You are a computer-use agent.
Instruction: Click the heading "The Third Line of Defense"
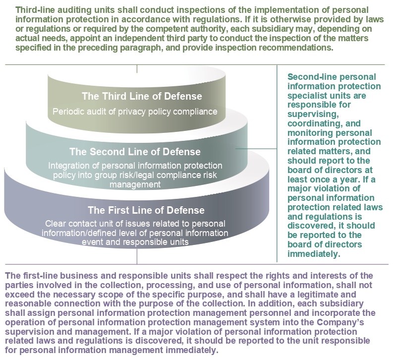tap(135, 96)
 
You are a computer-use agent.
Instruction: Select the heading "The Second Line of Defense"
tap(135, 151)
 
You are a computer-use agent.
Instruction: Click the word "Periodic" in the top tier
tap(68, 111)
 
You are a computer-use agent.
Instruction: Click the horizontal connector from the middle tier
tap(256, 148)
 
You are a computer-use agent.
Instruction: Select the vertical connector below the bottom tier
tap(137, 256)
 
